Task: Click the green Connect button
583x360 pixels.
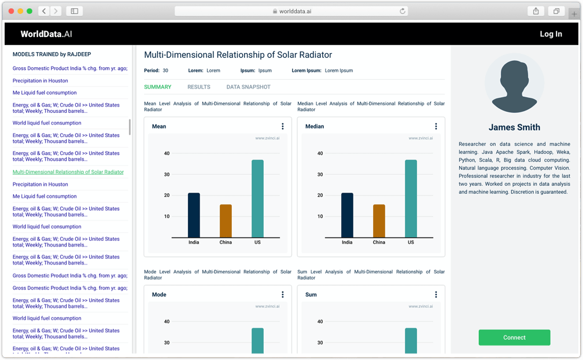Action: click(x=514, y=337)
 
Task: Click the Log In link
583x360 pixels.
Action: click(x=551, y=34)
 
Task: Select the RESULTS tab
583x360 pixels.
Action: click(x=199, y=87)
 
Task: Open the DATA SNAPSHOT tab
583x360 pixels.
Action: click(x=248, y=87)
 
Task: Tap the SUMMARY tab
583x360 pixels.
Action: click(x=157, y=87)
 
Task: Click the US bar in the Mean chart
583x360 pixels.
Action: click(x=257, y=199)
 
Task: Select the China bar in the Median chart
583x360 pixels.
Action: click(x=379, y=221)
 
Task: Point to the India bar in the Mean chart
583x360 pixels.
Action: click(x=194, y=215)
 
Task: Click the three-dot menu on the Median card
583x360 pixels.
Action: click(x=436, y=126)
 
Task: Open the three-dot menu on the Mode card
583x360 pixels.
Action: click(x=282, y=295)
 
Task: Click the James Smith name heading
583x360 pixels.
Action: click(x=514, y=127)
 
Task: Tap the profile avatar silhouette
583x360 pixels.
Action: click(x=514, y=83)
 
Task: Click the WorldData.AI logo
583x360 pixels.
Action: click(x=46, y=34)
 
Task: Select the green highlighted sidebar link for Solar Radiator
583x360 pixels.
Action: click(x=68, y=172)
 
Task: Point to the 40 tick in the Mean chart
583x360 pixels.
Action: click(x=167, y=153)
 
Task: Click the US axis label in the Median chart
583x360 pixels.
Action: click(x=411, y=243)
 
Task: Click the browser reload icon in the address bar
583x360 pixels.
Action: click(x=403, y=11)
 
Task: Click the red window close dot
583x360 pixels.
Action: click(x=11, y=11)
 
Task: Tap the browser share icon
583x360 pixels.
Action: click(x=536, y=11)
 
